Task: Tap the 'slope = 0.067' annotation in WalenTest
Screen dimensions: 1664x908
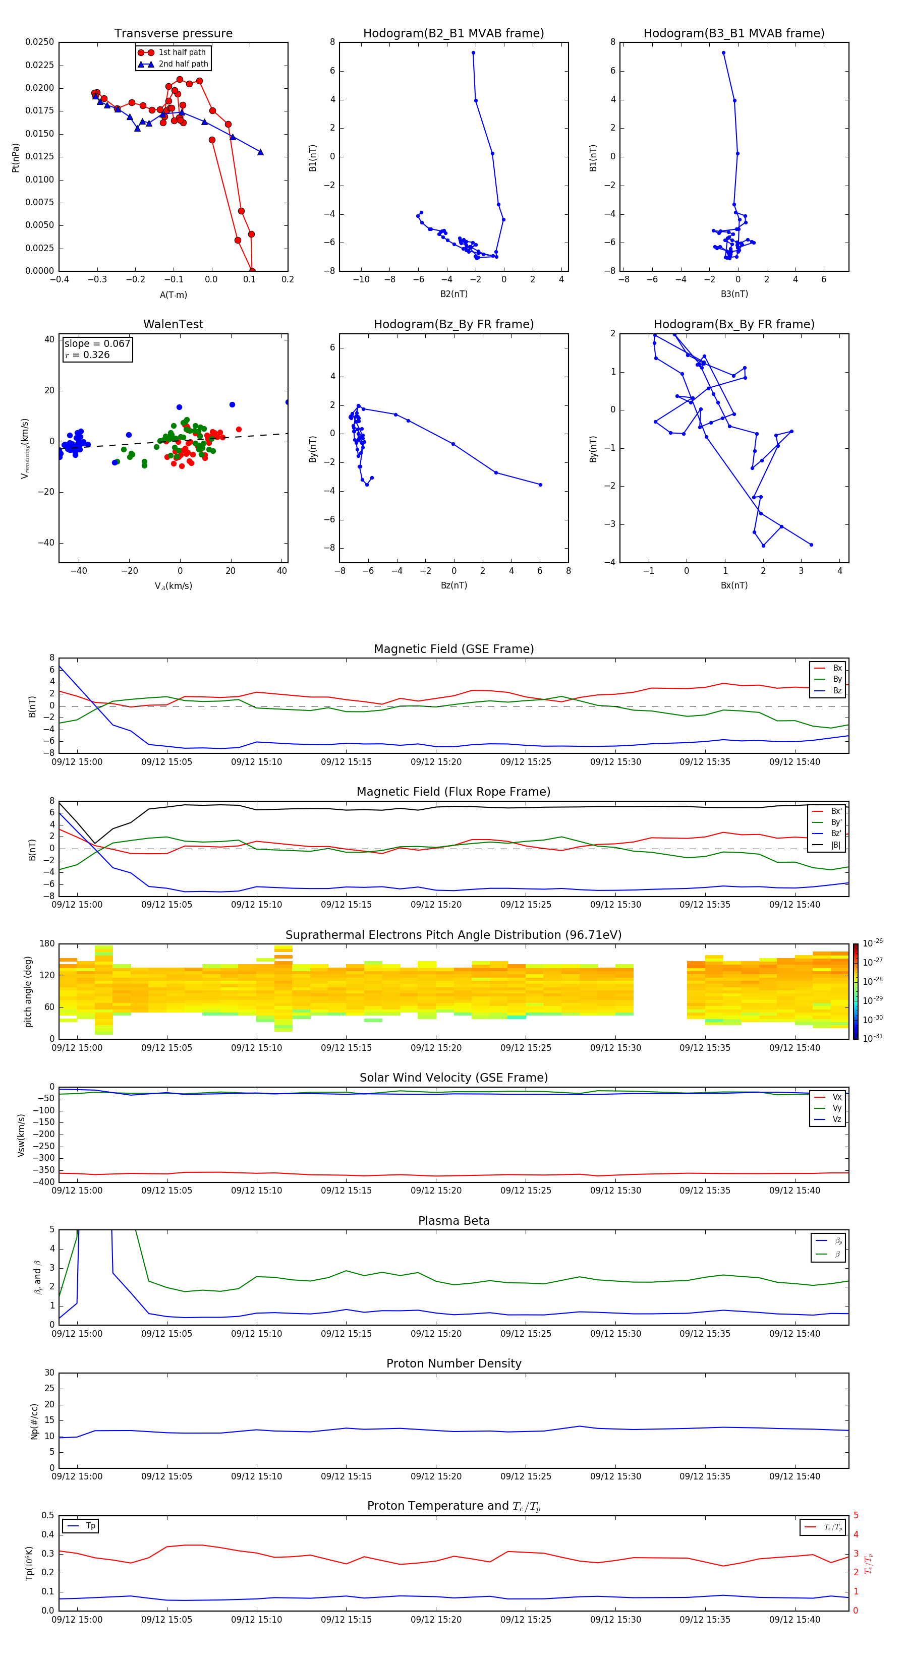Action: coord(97,344)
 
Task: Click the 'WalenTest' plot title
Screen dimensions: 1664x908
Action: coord(173,324)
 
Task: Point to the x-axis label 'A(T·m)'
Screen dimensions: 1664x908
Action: coord(173,294)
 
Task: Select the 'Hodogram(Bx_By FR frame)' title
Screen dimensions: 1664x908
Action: coord(733,324)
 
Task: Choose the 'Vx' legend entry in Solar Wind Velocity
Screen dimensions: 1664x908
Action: coord(837,1097)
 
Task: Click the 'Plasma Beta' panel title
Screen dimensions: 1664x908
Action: coord(453,1221)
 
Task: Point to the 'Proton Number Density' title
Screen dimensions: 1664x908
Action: coord(453,1363)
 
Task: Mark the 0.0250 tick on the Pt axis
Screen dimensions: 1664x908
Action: coord(39,42)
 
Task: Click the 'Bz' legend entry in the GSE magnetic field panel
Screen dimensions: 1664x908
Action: coord(837,690)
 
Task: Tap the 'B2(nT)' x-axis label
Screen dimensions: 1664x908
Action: coord(453,294)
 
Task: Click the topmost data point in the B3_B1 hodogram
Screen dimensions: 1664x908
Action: coord(723,53)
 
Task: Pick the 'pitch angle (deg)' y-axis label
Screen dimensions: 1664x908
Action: coord(28,991)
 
